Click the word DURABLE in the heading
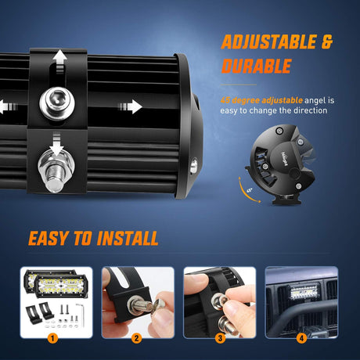click(254, 67)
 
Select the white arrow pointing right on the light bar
click(130, 106)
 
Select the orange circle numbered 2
click(136, 338)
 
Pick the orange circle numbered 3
click(221, 338)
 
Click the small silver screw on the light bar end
click(193, 165)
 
